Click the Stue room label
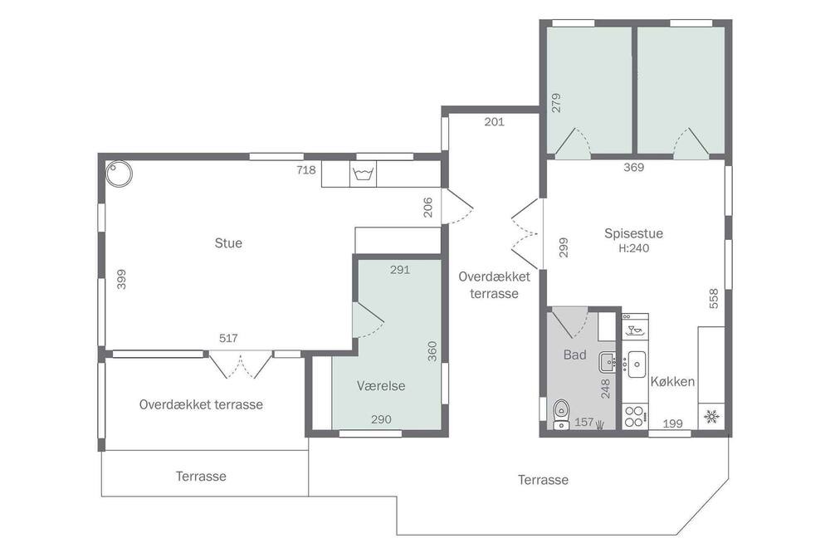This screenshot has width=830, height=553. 228,243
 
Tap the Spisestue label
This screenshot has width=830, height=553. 633,233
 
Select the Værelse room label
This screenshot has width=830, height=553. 381,385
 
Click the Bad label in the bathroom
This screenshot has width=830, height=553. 575,355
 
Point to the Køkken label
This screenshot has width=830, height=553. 672,381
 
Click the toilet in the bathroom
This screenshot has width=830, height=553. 560,414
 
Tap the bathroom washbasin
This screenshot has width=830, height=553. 608,363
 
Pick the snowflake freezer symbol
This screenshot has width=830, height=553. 711,416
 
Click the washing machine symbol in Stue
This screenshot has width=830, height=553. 363,174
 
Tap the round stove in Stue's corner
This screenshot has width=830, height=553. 119,174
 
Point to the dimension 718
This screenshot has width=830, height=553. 306,170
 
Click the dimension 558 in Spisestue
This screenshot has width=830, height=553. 714,299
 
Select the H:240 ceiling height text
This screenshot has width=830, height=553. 633,248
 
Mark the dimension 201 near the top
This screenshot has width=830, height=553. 494,122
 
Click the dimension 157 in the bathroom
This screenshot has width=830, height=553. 583,422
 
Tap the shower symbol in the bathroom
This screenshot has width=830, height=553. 600,423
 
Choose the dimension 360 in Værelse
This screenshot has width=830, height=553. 432,351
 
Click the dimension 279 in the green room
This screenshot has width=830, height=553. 556,103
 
